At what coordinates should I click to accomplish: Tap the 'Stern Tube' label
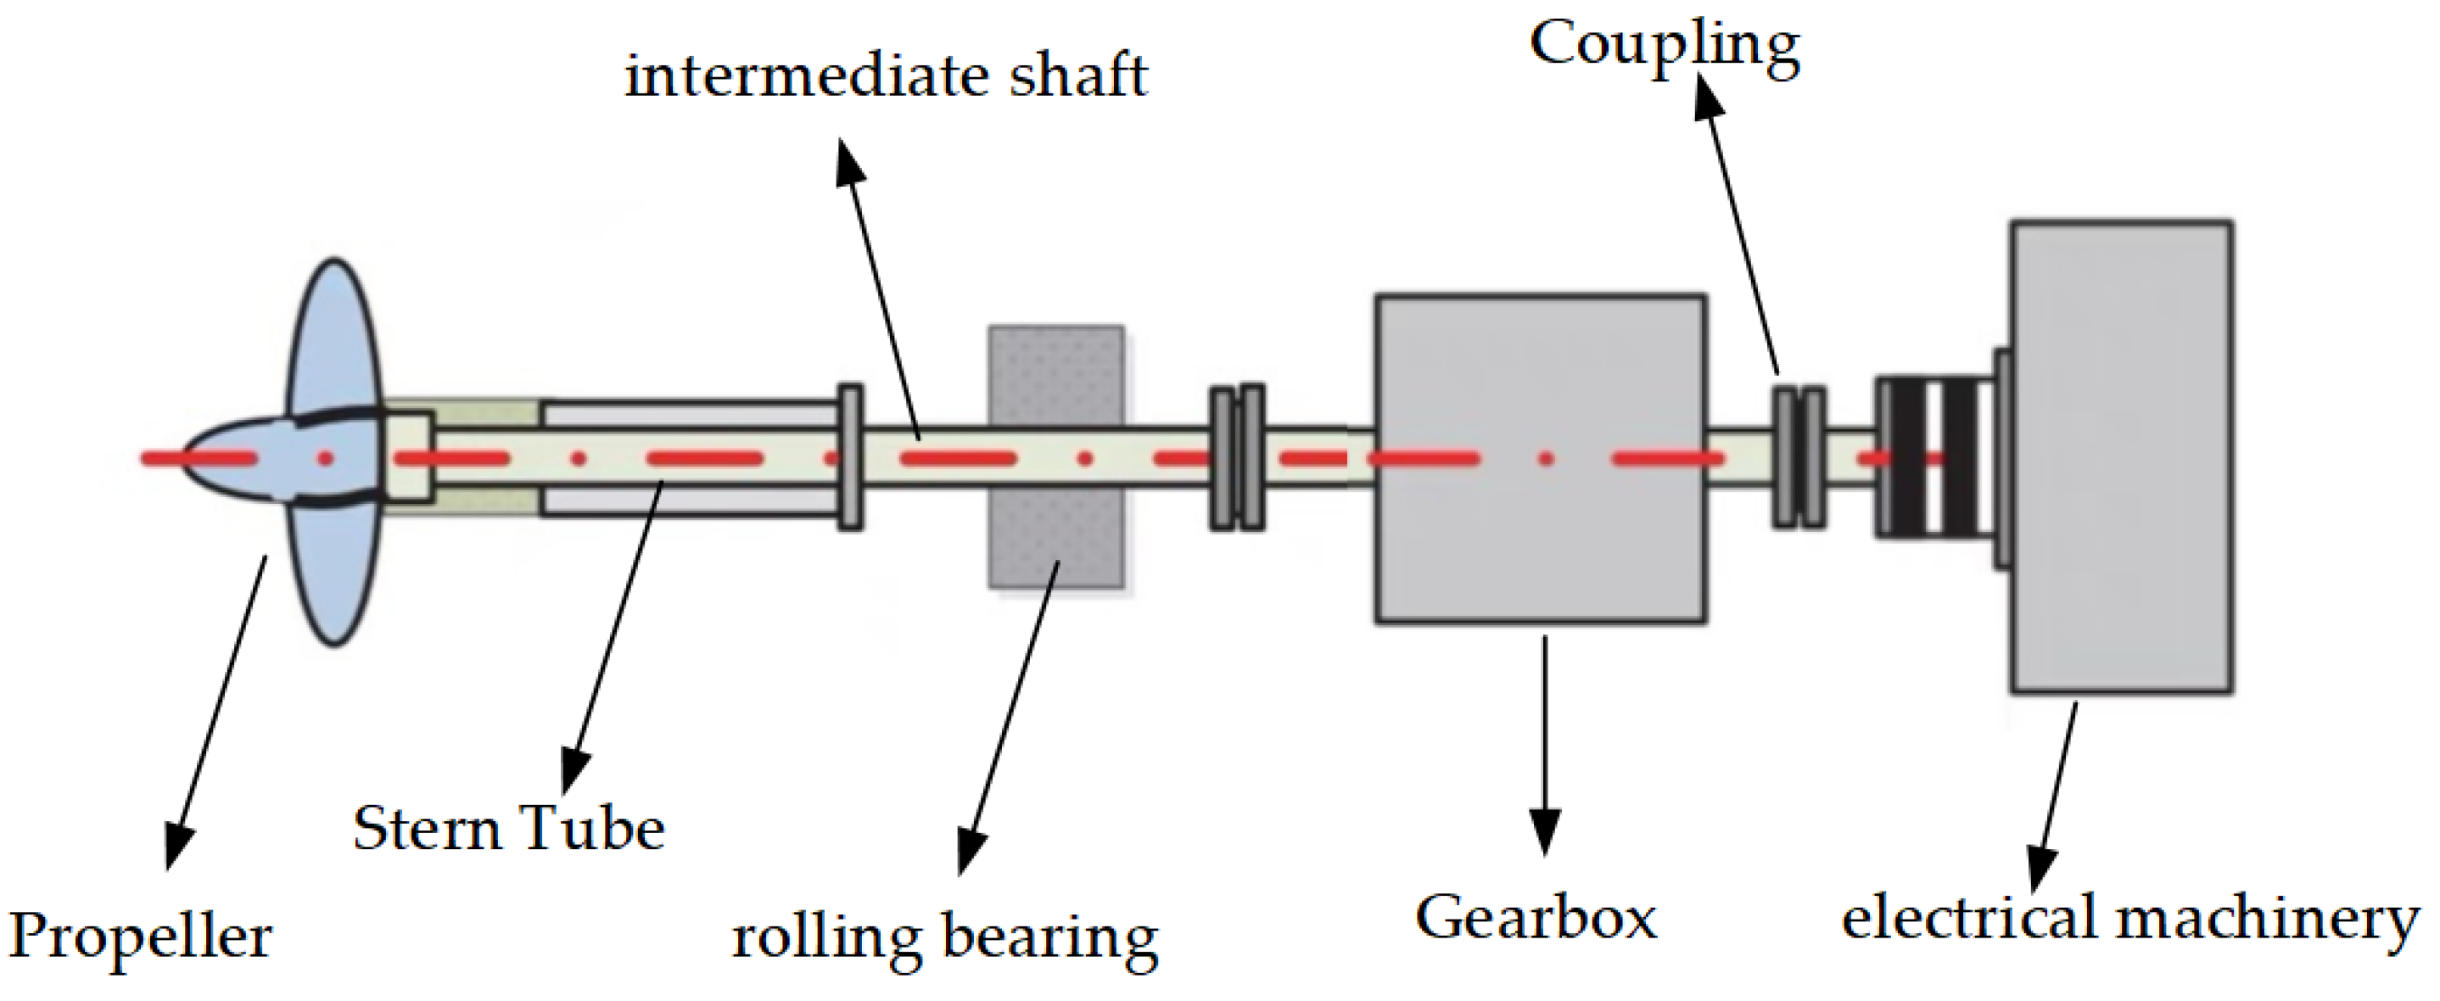coord(509,830)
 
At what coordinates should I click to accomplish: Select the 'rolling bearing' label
coord(944,939)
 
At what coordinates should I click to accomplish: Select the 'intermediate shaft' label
coord(886,75)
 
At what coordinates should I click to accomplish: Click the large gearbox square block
coord(1540,379)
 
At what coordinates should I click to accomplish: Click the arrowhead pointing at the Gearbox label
coord(1545,833)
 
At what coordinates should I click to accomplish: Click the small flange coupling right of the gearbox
coord(1799,456)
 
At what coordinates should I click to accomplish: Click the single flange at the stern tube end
coord(851,456)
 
